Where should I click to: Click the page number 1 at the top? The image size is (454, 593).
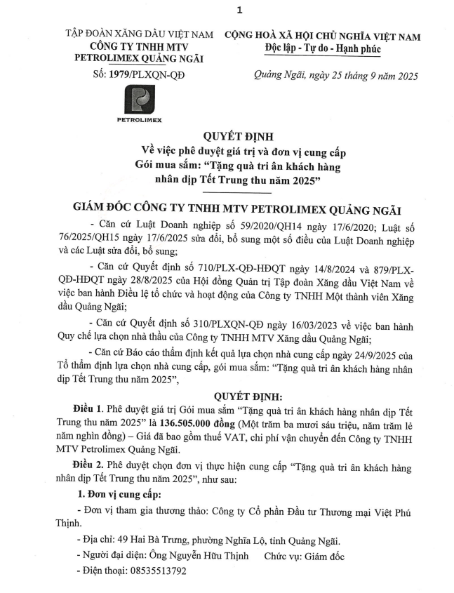pos(239,10)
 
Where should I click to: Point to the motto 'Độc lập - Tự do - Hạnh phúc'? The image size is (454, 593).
pos(323,48)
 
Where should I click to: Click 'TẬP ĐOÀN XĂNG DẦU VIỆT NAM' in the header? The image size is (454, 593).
pos(139,34)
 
